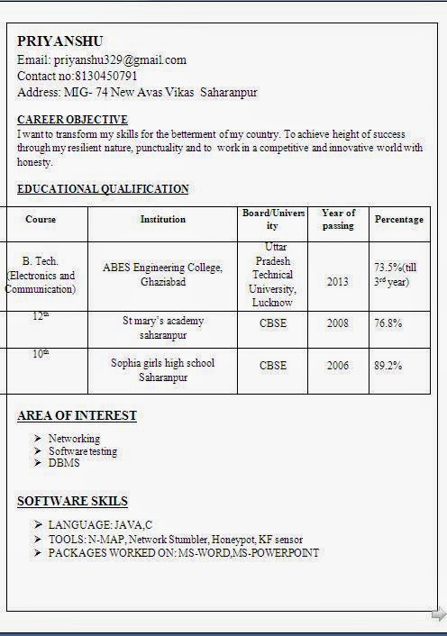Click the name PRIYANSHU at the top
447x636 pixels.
pos(60,41)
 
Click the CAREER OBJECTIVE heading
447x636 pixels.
pos(72,120)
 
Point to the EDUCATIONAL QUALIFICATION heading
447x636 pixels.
pos(103,189)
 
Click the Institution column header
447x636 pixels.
pos(163,219)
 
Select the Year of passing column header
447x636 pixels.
pos(338,219)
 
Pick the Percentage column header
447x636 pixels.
pos(399,219)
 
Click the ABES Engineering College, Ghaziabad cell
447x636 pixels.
pos(163,275)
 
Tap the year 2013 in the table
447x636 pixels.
pos(338,282)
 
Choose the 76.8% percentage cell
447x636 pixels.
pos(388,323)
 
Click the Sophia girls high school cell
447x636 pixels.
pos(163,370)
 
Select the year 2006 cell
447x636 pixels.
pos(338,366)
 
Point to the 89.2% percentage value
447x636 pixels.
pos(388,366)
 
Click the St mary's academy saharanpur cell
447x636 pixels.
pos(163,328)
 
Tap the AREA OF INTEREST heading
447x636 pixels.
pos(77,415)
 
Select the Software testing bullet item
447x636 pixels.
pos(83,451)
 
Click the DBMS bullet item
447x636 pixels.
pos(64,463)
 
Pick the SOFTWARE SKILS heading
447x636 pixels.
pos(72,501)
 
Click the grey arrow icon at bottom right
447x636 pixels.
pos(438,614)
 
